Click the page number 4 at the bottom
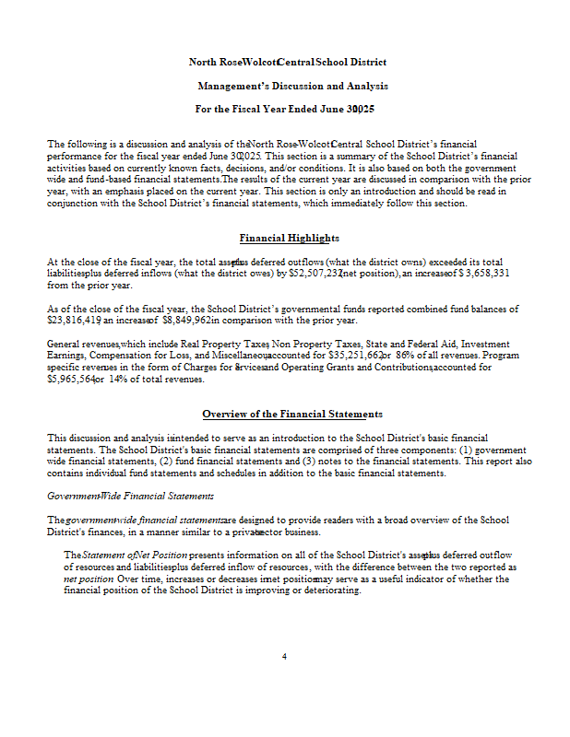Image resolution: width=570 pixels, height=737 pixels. coord(285,656)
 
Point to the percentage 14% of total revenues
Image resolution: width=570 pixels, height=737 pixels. coord(120,378)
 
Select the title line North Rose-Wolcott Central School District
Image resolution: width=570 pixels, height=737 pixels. coord(288,62)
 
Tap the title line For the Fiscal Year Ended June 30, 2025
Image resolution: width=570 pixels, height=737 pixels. coord(284,110)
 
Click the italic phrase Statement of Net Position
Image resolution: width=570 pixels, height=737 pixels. coord(135,556)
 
